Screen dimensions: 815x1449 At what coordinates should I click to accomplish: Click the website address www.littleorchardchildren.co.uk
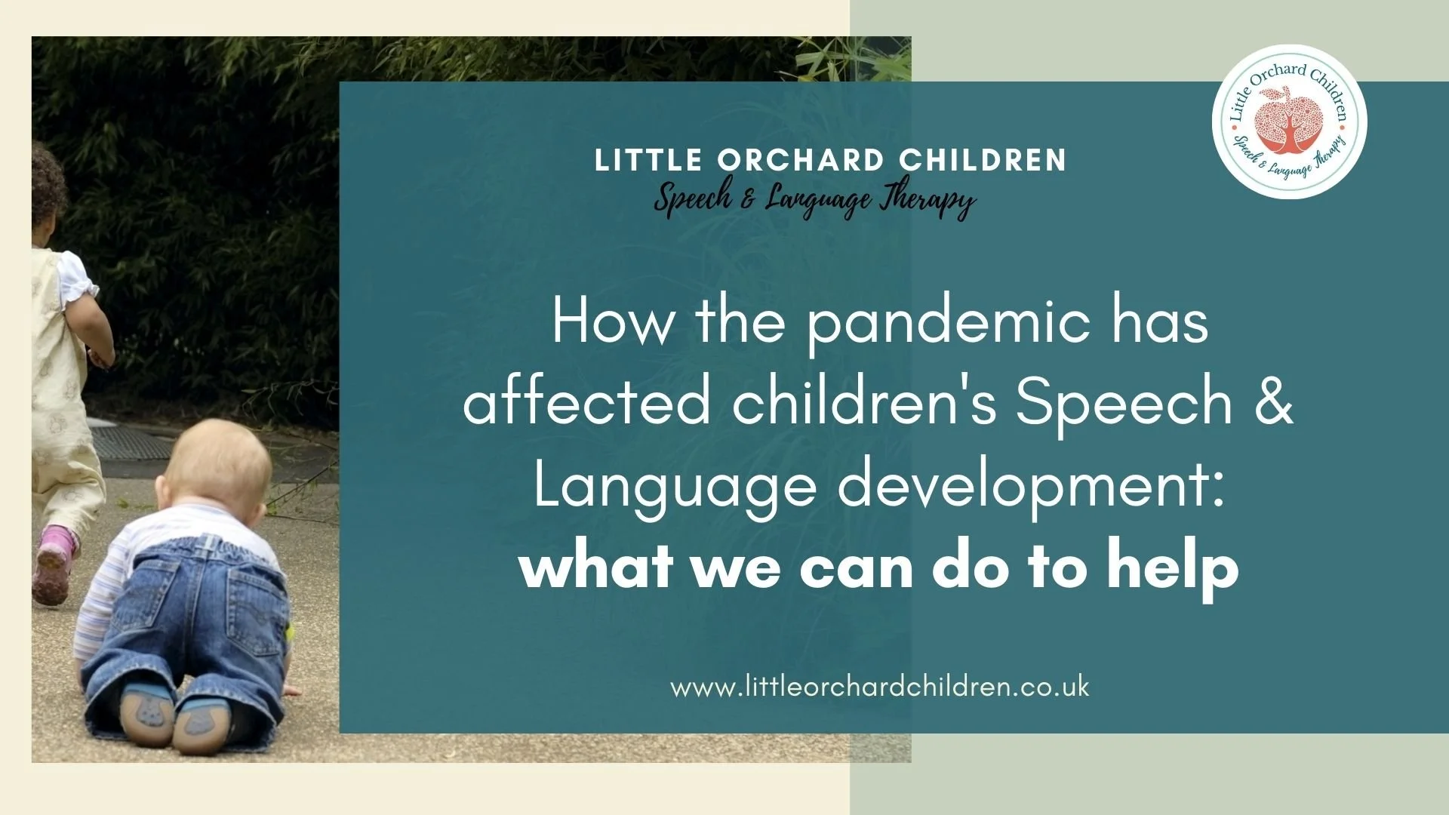[x=879, y=687]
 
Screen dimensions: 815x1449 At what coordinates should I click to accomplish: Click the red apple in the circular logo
[x=1289, y=121]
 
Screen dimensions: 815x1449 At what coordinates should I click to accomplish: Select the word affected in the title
[x=587, y=401]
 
